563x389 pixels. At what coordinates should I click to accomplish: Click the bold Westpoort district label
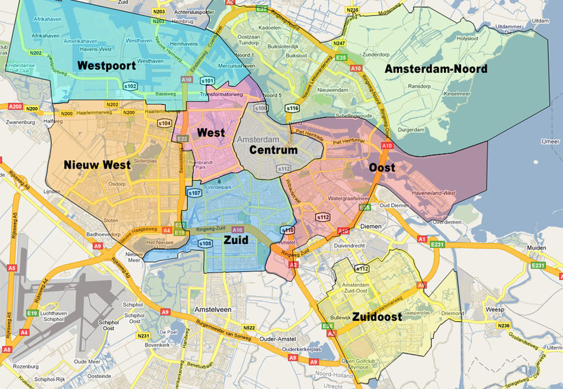pyautogui.click(x=107, y=65)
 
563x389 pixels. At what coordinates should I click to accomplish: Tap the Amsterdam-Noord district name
pyautogui.click(x=436, y=69)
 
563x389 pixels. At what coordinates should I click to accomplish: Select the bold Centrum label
pyautogui.click(x=273, y=150)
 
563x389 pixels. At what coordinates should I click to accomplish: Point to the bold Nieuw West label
pyautogui.click(x=97, y=165)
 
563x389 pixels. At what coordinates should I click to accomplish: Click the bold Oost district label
pyautogui.click(x=382, y=168)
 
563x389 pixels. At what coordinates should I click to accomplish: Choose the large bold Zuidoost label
pyautogui.click(x=377, y=317)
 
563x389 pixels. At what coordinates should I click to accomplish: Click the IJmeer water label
pyautogui.click(x=550, y=142)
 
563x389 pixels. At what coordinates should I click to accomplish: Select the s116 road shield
pyautogui.click(x=292, y=109)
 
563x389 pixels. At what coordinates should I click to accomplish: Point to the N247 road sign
pyautogui.click(x=339, y=43)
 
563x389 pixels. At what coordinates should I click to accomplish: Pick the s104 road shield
pyautogui.click(x=164, y=123)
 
